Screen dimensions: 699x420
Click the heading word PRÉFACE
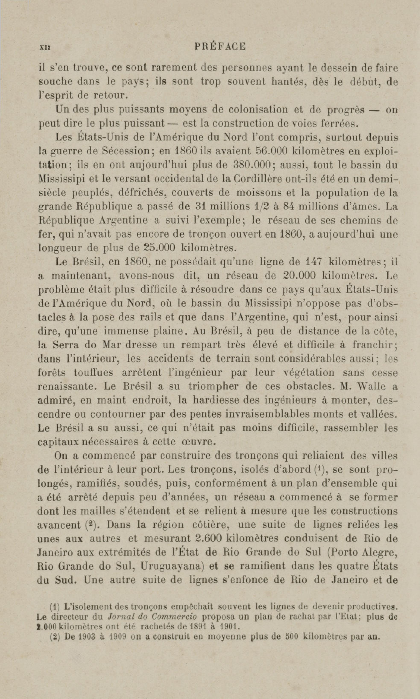(x=220, y=46)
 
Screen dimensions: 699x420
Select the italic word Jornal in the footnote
(x=119, y=617)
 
